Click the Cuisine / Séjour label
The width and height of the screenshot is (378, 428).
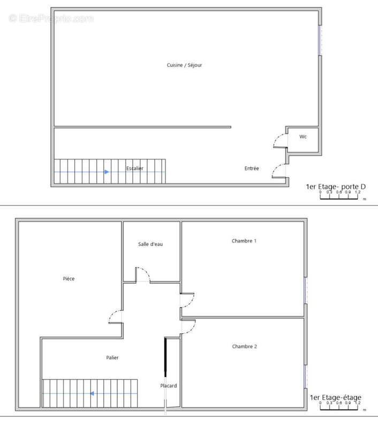click(x=184, y=65)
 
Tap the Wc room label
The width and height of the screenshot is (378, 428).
click(x=303, y=137)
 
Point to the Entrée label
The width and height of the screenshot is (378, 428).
click(x=252, y=169)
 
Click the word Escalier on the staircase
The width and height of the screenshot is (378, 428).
click(x=135, y=169)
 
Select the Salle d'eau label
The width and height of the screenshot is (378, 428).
click(x=150, y=244)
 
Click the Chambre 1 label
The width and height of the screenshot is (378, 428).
click(x=244, y=241)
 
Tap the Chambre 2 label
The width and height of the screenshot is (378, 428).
click(x=245, y=347)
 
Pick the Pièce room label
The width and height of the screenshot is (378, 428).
click(x=69, y=279)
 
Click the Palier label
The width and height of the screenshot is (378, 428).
click(x=112, y=357)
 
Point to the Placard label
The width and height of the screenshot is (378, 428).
click(x=169, y=386)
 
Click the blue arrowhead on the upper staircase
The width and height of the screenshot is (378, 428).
click(x=107, y=172)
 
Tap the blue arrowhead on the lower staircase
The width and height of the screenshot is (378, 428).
click(x=92, y=394)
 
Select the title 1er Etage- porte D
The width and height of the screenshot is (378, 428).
click(x=336, y=187)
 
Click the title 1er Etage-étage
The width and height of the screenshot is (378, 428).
click(x=335, y=398)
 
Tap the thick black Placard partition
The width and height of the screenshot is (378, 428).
click(x=165, y=358)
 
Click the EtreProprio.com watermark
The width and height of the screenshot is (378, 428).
click(x=51, y=19)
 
